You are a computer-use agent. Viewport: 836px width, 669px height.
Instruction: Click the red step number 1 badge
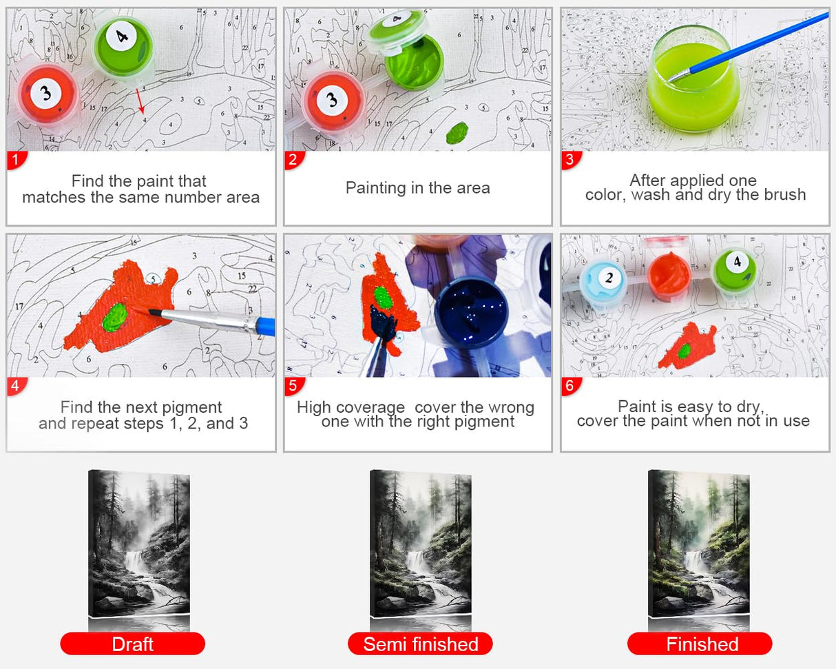click(x=17, y=160)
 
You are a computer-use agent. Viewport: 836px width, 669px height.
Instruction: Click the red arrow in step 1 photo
click(x=140, y=101)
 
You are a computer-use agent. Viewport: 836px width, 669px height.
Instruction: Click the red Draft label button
click(x=132, y=644)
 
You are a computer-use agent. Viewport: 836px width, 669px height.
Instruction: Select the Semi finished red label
click(x=420, y=644)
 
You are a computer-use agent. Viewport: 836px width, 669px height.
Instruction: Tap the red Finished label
click(x=700, y=644)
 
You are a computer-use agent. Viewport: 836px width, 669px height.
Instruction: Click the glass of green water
click(x=694, y=80)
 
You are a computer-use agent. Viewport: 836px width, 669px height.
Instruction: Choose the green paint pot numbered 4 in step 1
click(x=123, y=47)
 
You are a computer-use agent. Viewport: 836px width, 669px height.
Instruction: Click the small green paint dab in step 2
click(x=457, y=132)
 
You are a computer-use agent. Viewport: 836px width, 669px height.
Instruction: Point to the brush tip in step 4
click(x=150, y=311)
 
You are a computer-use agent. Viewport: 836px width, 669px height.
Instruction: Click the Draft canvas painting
click(x=139, y=544)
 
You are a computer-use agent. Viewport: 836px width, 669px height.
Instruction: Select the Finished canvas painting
click(x=699, y=544)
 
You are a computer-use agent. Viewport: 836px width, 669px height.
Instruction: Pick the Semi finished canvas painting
click(x=421, y=544)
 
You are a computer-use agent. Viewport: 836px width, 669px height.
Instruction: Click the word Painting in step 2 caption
click(x=376, y=189)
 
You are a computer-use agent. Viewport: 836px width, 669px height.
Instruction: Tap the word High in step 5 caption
click(x=314, y=408)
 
